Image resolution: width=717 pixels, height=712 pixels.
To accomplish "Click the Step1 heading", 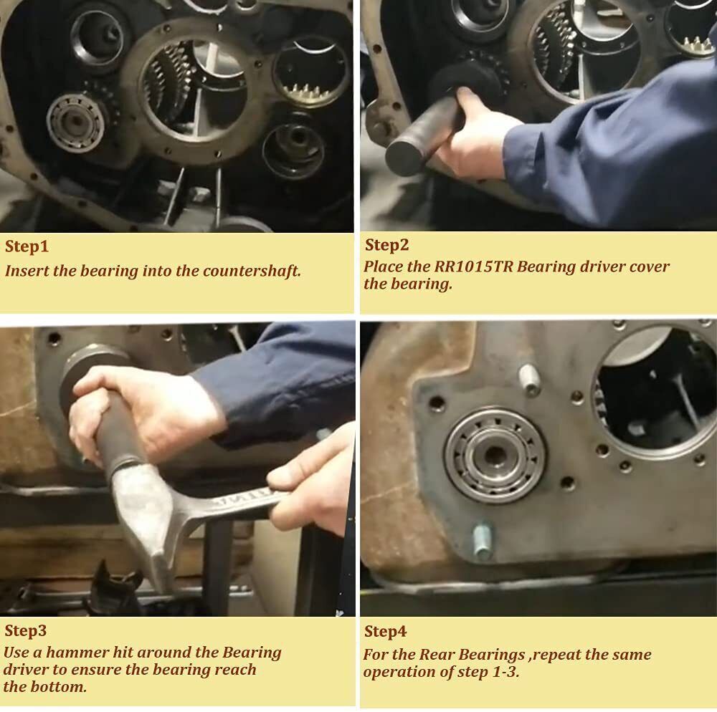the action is pyautogui.click(x=27, y=246).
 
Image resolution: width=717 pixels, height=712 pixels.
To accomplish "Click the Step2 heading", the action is pyautogui.click(x=386, y=245).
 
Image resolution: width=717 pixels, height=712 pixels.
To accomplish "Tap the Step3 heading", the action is pyautogui.click(x=26, y=631).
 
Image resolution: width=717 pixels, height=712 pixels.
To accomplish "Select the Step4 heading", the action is pyautogui.click(x=385, y=632).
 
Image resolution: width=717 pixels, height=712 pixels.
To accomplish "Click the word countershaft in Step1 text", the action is pyautogui.click(x=252, y=271).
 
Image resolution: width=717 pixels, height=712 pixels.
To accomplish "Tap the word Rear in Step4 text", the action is pyautogui.click(x=437, y=655).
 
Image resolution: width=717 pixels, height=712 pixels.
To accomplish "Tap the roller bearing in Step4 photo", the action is pyautogui.click(x=495, y=455).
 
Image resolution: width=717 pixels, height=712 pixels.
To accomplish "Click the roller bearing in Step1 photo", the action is pyautogui.click(x=75, y=122).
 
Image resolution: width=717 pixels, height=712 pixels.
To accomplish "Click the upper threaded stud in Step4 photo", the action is pyautogui.click(x=529, y=379).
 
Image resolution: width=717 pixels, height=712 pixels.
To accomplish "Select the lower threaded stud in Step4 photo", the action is pyautogui.click(x=483, y=542).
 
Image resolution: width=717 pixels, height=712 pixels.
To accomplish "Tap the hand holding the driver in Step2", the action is pyautogui.click(x=478, y=133).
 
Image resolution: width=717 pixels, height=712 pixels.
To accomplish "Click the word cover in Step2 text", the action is pyautogui.click(x=650, y=266).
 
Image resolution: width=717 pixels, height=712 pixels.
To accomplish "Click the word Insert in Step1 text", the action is pyautogui.click(x=27, y=271).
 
